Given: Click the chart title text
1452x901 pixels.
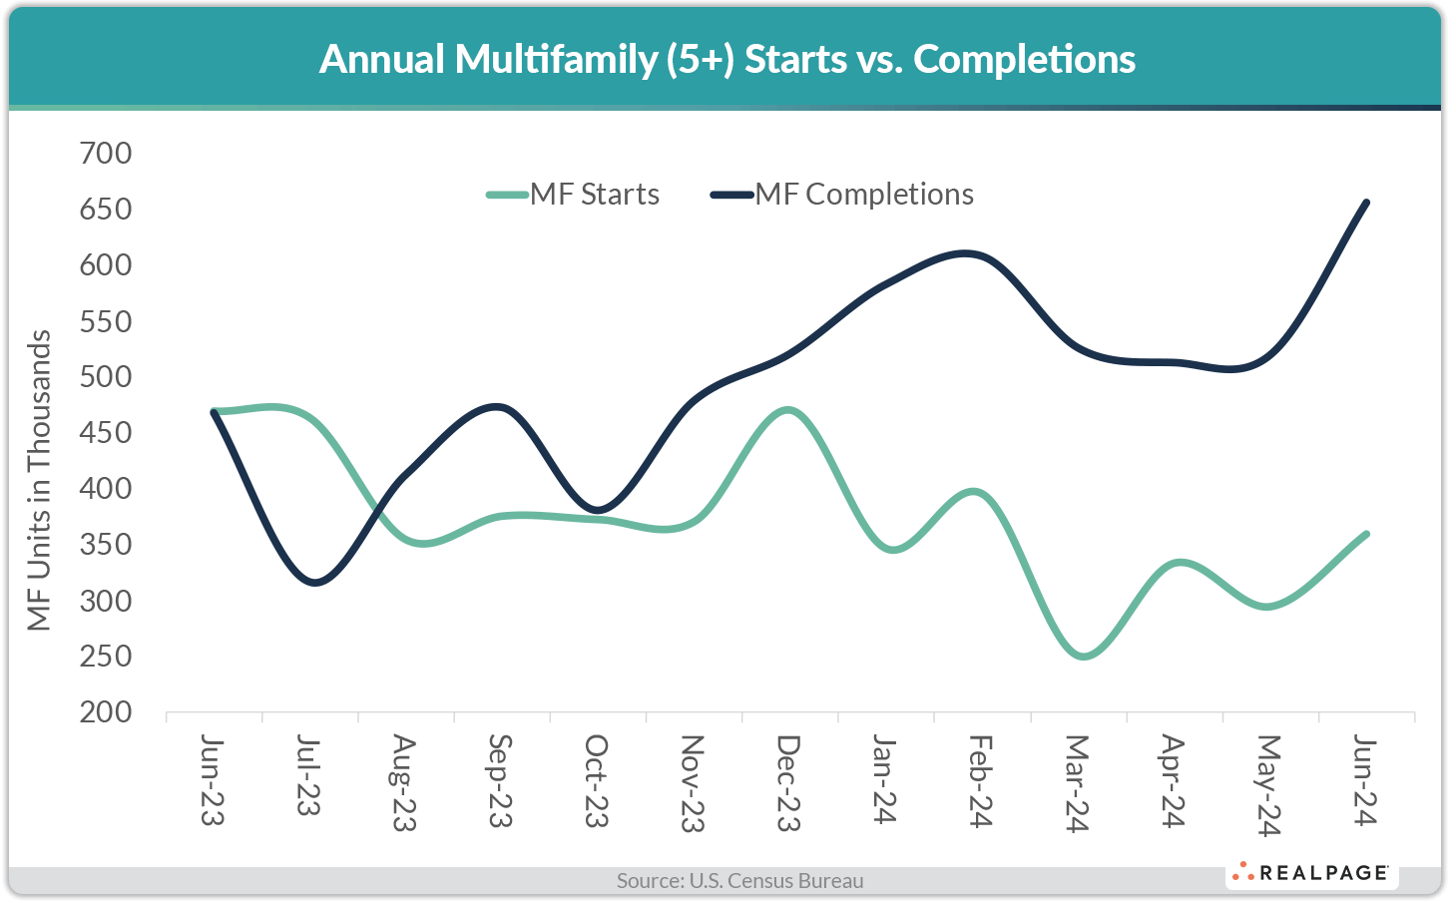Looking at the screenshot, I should pyautogui.click(x=726, y=59).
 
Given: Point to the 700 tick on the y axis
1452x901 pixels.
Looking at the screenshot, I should pyautogui.click(x=105, y=153).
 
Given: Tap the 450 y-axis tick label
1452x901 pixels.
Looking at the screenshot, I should pyautogui.click(x=105, y=432).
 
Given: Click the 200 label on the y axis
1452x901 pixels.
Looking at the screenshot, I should pyautogui.click(x=105, y=711).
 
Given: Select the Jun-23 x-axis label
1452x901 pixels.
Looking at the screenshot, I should pyautogui.click(x=213, y=780).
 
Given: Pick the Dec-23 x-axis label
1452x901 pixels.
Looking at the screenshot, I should pyautogui.click(x=788, y=782).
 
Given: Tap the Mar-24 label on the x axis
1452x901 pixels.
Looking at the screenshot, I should pyautogui.click(x=1077, y=782).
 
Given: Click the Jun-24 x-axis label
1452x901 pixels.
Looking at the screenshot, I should pyautogui.click(x=1364, y=780).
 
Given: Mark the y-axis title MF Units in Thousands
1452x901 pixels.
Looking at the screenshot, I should pyautogui.click(x=39, y=480).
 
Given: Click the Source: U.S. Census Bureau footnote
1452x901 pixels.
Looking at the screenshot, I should pyautogui.click(x=739, y=880).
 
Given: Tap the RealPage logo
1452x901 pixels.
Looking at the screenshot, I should pyautogui.click(x=1310, y=872).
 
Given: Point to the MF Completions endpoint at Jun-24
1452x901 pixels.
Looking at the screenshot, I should pyautogui.click(x=1365, y=203).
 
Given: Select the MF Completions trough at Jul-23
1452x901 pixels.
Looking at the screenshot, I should pyautogui.click(x=316, y=583).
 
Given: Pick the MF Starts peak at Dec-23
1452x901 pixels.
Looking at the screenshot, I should pyautogui.click(x=788, y=410).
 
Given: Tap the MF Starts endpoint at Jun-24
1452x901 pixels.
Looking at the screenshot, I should pyautogui.click(x=1365, y=534).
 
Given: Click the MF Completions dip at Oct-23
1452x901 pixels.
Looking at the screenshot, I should pyautogui.click(x=597, y=510).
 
